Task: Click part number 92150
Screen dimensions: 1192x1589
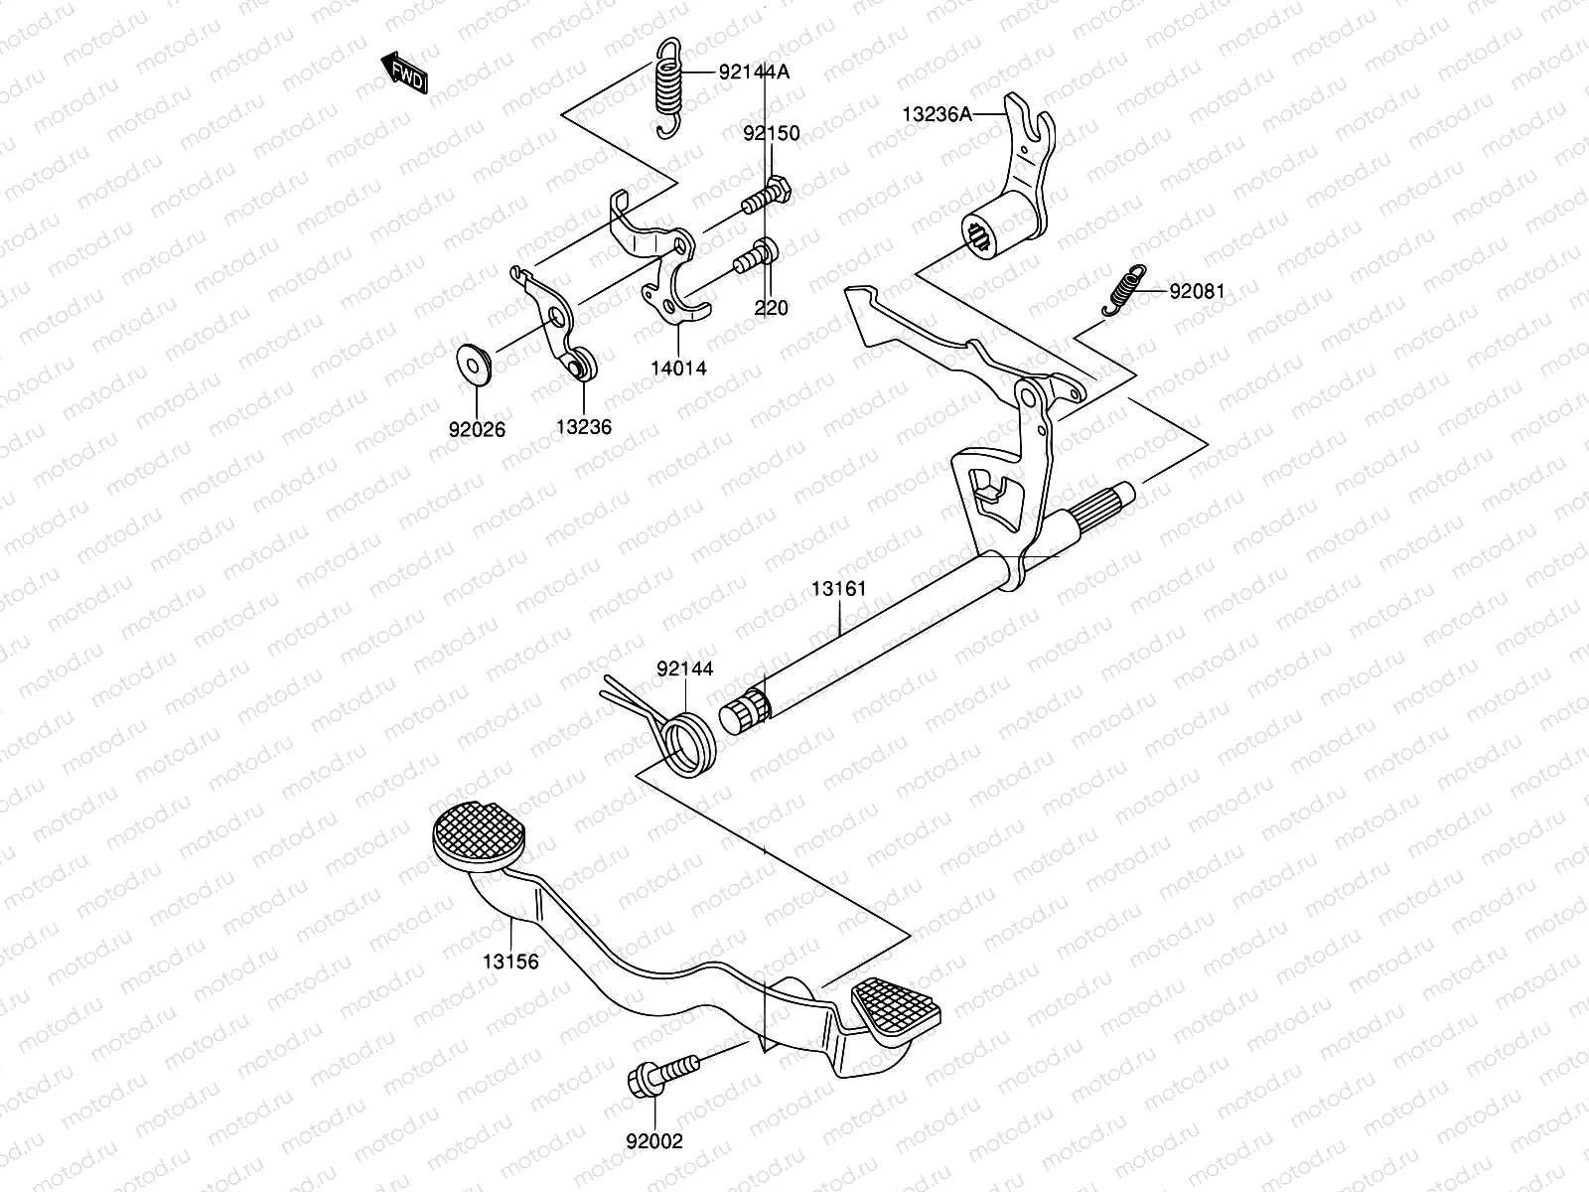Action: coord(772,133)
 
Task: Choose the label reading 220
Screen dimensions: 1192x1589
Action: coord(771,308)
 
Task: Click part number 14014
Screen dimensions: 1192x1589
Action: coord(679,369)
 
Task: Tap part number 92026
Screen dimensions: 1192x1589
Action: coord(477,429)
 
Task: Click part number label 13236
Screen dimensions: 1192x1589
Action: coord(583,427)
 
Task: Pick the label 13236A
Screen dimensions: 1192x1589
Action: coord(937,114)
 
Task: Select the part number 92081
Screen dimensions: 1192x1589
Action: coord(1197,292)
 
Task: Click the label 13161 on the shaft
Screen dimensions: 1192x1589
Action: coord(838,589)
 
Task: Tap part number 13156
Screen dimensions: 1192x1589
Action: coord(510,962)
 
